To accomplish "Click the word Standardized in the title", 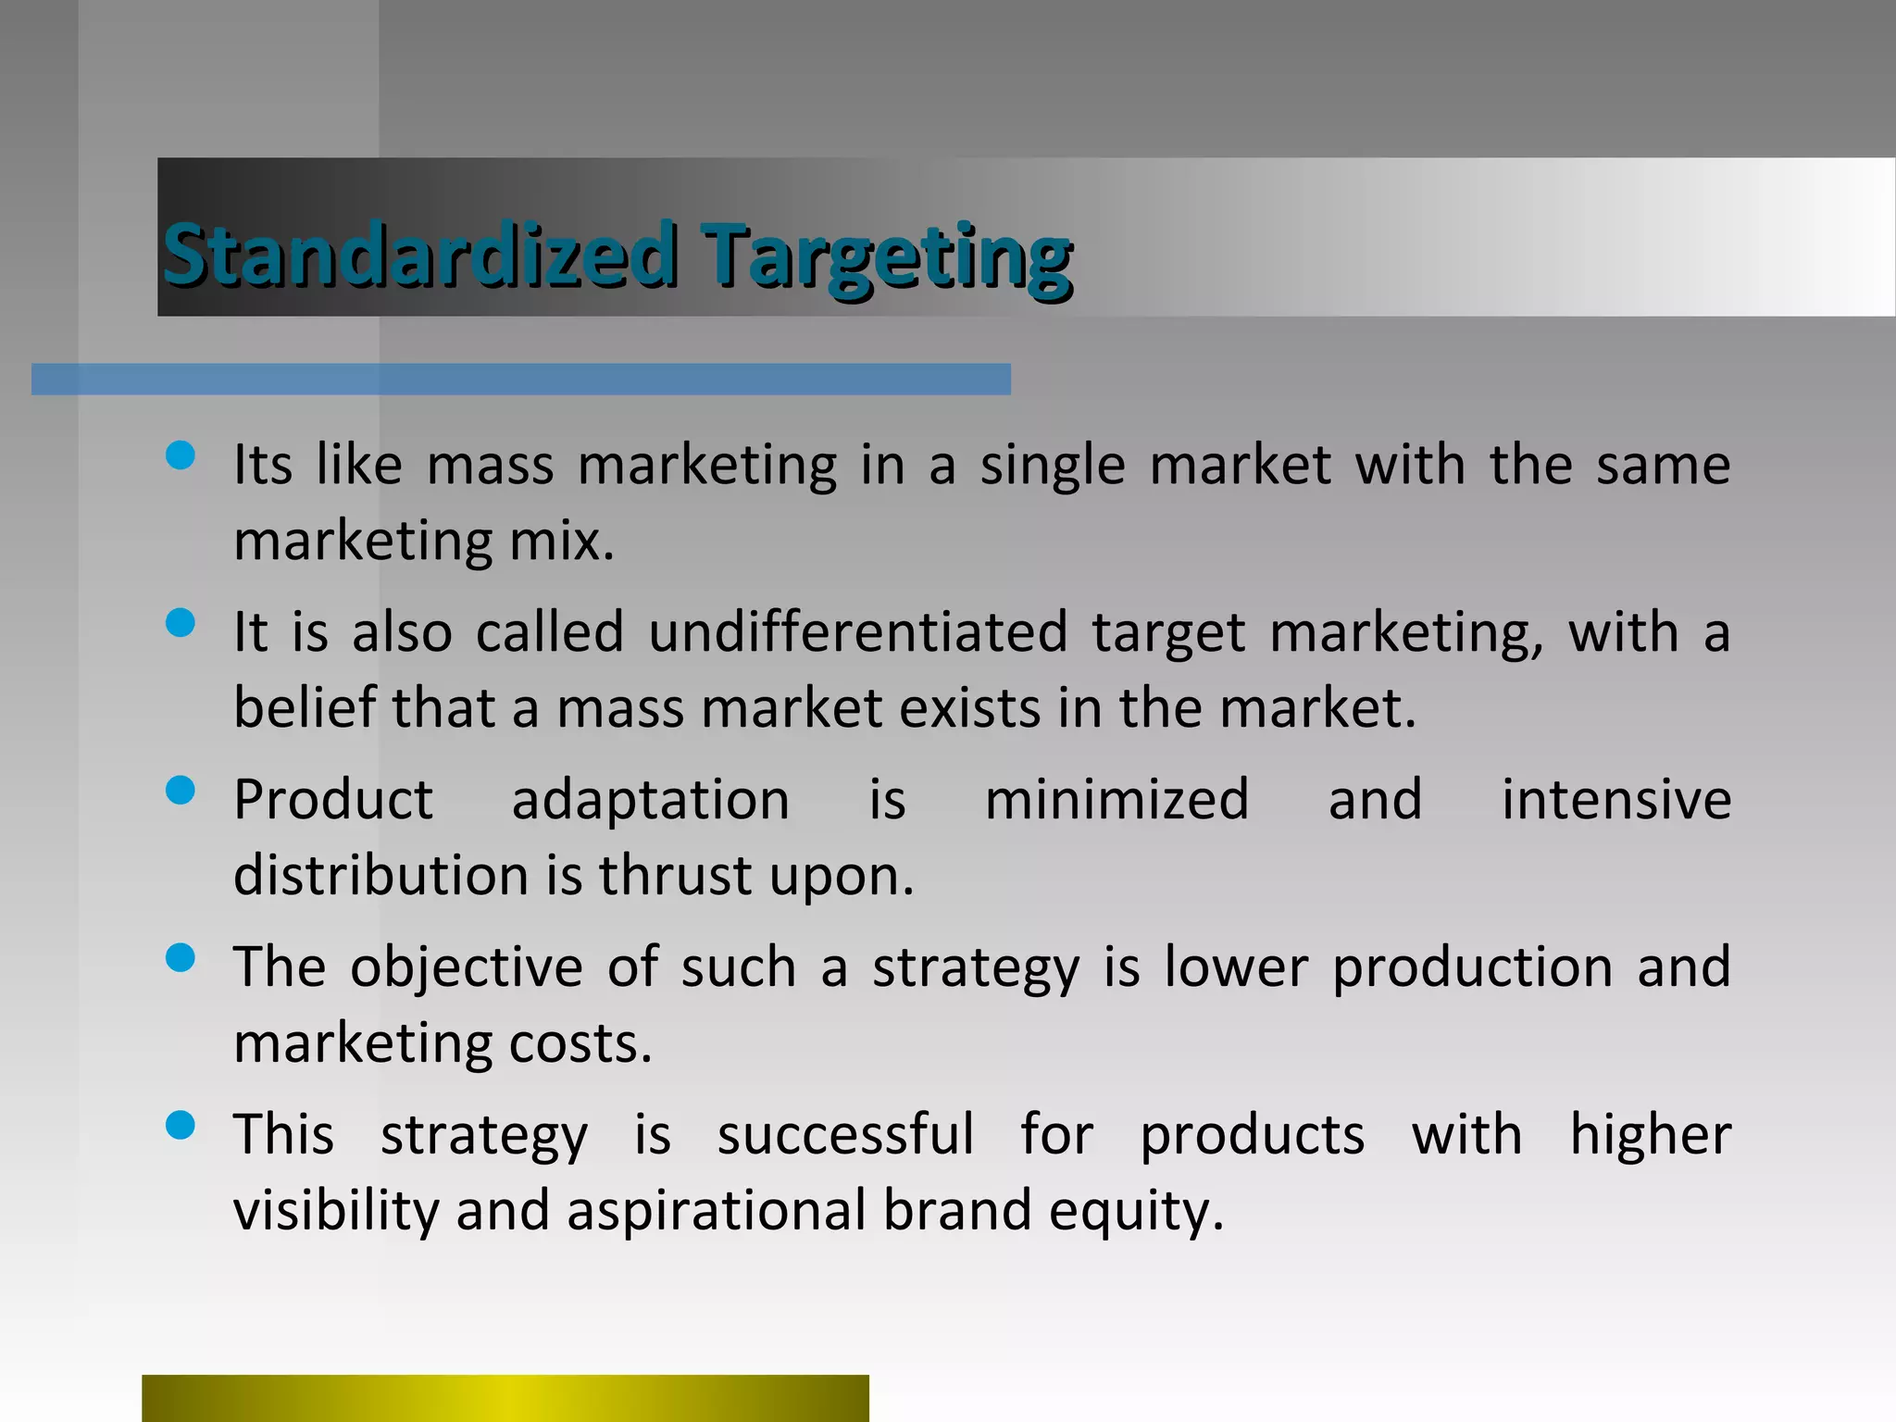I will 419,255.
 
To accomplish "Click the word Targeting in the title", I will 886,257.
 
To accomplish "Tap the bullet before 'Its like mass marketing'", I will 180,455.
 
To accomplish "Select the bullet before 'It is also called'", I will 180,623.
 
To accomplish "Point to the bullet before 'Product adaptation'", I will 180,791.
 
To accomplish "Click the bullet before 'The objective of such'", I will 180,958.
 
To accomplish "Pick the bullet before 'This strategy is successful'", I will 180,1126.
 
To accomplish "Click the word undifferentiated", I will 857,632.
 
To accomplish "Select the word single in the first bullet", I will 1053,466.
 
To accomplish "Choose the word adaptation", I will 650,800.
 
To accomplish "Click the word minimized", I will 1116,800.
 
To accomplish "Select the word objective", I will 466,967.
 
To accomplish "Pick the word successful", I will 845,1135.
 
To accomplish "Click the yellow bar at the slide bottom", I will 505,1398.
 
